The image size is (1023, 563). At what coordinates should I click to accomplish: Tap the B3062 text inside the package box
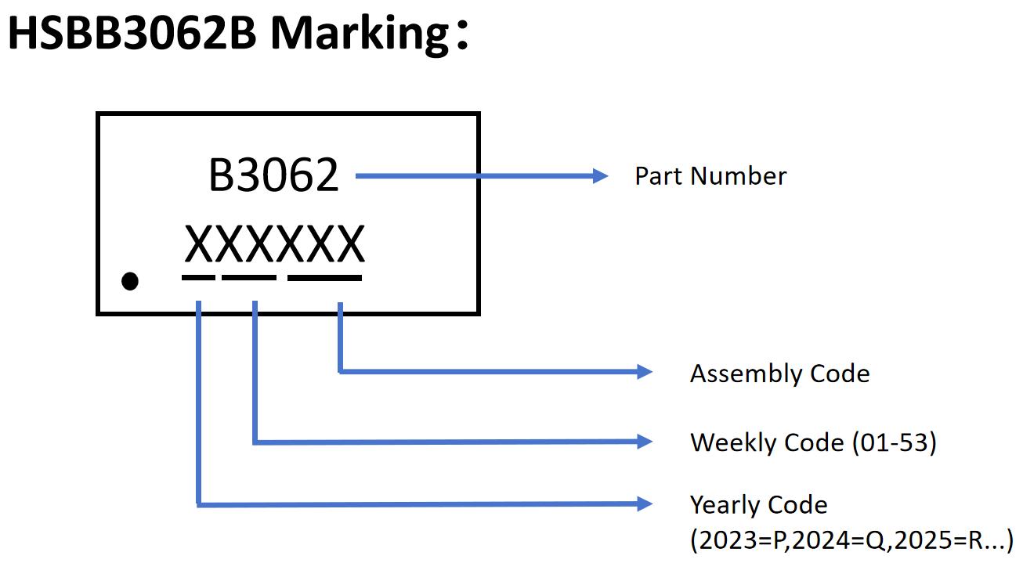pyautogui.click(x=273, y=175)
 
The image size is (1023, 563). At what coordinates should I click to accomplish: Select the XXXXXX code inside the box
pyautogui.click(x=274, y=244)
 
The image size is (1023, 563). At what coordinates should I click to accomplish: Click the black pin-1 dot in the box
pyautogui.click(x=130, y=280)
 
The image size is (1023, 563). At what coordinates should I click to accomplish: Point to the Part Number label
pyautogui.click(x=710, y=176)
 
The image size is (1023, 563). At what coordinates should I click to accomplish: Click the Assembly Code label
pyautogui.click(x=779, y=374)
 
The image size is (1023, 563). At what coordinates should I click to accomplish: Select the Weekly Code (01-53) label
pyautogui.click(x=813, y=442)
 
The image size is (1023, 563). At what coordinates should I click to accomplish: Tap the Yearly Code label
pyautogui.click(x=758, y=505)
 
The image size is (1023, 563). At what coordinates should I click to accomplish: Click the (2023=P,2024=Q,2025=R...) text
pyautogui.click(x=851, y=540)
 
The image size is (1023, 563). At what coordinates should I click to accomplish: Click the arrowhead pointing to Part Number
pyautogui.click(x=600, y=176)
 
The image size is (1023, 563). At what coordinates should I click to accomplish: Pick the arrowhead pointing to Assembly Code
pyautogui.click(x=644, y=372)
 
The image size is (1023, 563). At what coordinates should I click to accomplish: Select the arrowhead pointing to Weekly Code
pyautogui.click(x=644, y=442)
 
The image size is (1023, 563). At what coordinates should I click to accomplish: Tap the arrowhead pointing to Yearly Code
pyautogui.click(x=644, y=504)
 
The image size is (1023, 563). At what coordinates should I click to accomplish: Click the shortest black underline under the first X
pyautogui.click(x=198, y=277)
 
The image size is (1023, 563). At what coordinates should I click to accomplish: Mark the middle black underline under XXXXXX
pyautogui.click(x=249, y=277)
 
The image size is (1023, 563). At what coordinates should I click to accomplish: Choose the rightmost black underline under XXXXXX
pyautogui.click(x=324, y=277)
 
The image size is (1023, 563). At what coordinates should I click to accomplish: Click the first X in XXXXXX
pyautogui.click(x=199, y=244)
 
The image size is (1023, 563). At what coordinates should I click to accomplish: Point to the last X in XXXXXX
pyautogui.click(x=349, y=244)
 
